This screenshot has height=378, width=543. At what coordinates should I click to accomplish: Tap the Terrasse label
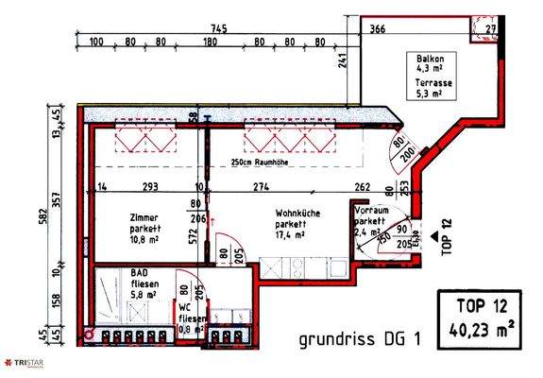(432, 83)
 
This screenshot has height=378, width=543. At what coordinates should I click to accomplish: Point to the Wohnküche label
(296, 214)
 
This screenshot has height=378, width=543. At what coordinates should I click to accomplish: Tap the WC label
(187, 309)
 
